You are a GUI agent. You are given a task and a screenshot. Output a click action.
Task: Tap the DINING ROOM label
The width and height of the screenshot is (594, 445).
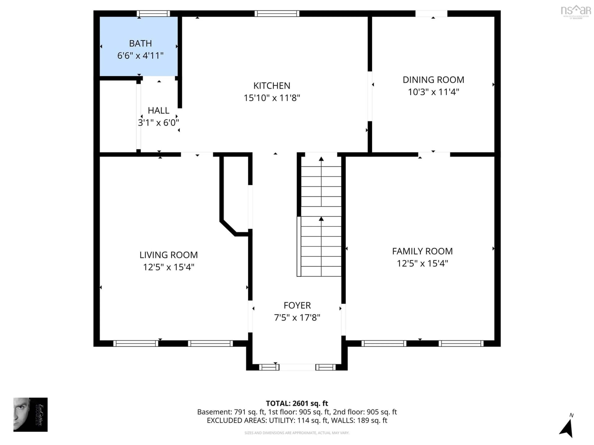click(433, 80)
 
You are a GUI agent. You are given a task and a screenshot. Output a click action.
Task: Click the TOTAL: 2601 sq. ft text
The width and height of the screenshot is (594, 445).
click(297, 403)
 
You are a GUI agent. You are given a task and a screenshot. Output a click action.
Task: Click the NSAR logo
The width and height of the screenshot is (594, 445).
click(576, 11)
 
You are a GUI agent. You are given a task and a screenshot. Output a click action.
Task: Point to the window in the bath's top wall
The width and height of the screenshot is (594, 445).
click(153, 13)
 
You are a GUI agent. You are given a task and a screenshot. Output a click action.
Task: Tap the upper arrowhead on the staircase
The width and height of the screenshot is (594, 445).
click(321, 159)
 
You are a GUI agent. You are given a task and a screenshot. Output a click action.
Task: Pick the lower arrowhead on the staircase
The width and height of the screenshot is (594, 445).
click(321, 219)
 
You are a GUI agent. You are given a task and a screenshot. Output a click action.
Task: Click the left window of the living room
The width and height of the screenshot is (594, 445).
click(136, 343)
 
